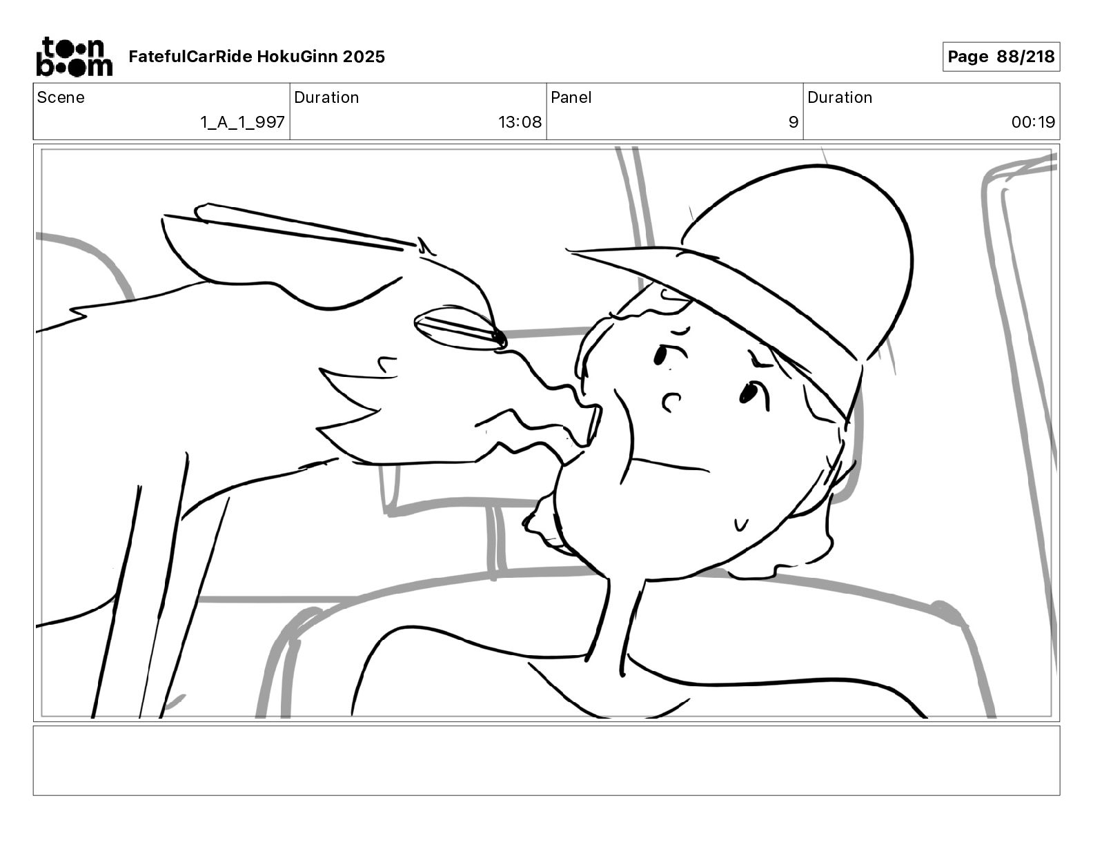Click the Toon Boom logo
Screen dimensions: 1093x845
75,57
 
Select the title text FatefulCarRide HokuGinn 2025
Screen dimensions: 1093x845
257,57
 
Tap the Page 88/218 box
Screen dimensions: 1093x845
1001,57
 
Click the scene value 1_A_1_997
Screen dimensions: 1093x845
242,122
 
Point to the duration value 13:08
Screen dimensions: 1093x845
520,122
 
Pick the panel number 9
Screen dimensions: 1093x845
794,122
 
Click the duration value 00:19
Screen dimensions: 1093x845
1033,122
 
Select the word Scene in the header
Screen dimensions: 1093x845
61,97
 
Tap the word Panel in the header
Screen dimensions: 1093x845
571,97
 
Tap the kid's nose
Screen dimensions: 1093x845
671,402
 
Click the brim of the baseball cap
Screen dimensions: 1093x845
714,302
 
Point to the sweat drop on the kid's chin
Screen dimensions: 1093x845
741,525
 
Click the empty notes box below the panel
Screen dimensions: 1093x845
546,761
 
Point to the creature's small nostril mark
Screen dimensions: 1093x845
387,364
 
